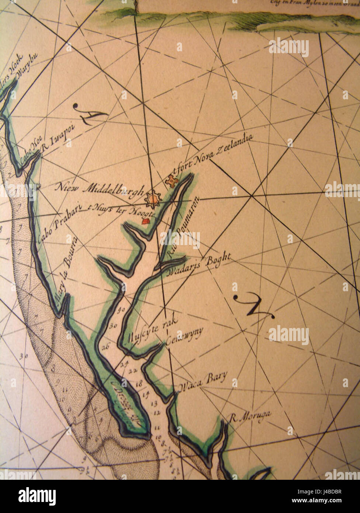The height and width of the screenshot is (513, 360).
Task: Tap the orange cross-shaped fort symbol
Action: (x=172, y=181)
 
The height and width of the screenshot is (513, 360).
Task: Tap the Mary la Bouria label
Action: (x=67, y=271)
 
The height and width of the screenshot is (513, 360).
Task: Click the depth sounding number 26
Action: (x=106, y=347)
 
